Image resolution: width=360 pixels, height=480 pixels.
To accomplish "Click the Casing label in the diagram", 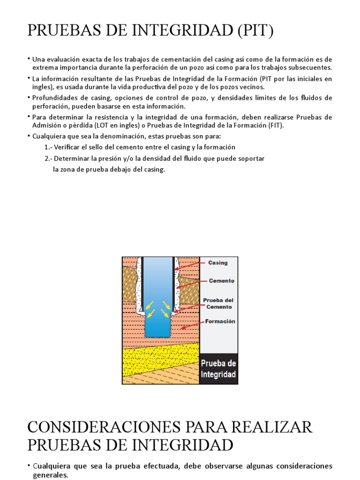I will (x=217, y=263).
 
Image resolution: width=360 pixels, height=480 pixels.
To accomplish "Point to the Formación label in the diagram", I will (x=219, y=322).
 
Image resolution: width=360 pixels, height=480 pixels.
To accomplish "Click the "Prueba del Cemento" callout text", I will (x=218, y=303).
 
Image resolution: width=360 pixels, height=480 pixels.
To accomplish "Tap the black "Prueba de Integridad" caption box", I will (x=218, y=369).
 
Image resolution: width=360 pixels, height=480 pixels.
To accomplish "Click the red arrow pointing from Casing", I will (x=190, y=266).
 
